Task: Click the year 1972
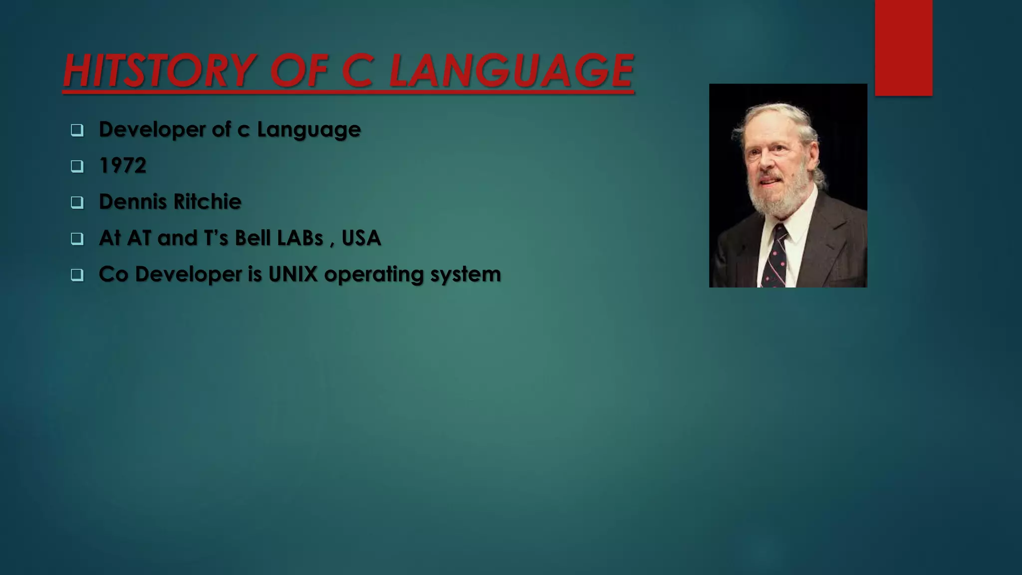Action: pos(123,166)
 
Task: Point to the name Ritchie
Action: pos(207,202)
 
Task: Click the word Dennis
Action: pos(133,202)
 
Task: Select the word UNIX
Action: pos(293,274)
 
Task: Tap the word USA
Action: pos(361,238)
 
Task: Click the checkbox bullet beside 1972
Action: pos(77,166)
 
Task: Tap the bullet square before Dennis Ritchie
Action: pos(77,203)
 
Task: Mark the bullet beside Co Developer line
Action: pos(77,275)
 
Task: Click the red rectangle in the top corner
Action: pos(903,47)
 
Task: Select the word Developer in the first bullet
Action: pos(152,130)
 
